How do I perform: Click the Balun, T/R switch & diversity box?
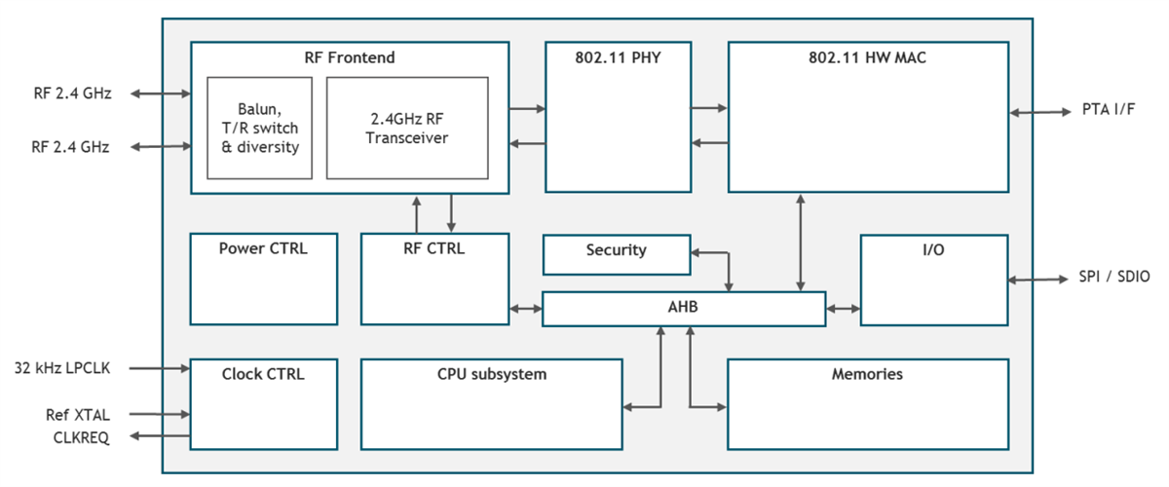[259, 128]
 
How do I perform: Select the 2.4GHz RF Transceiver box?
[406, 128]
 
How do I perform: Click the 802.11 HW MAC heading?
[867, 57]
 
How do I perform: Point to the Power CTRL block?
[263, 279]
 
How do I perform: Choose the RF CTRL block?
[434, 279]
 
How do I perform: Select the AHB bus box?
[683, 309]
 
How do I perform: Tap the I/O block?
[933, 279]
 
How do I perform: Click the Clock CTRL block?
[263, 403]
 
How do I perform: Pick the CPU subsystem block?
[491, 403]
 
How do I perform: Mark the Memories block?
[867, 403]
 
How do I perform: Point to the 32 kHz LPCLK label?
[62, 368]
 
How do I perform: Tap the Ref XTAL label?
[78, 415]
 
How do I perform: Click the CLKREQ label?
[80, 437]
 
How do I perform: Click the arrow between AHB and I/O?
[843, 309]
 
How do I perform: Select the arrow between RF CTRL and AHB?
[526, 309]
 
